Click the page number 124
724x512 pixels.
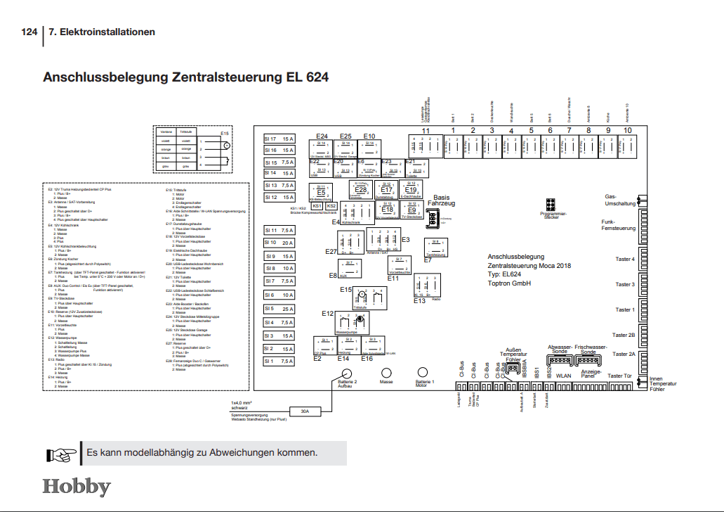coord(29,32)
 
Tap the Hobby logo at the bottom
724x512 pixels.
coord(77,486)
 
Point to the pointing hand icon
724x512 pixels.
coord(61,454)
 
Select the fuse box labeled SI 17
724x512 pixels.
coord(279,139)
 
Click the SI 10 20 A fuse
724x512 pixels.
coord(279,243)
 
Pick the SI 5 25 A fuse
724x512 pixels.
coord(279,309)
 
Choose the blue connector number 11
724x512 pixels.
coord(426,131)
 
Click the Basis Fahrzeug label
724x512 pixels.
coord(442,200)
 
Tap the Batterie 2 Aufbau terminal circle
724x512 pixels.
coord(343,373)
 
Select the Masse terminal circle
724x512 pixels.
coord(386,373)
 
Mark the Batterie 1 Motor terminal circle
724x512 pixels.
coord(422,373)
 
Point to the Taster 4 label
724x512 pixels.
coord(624,260)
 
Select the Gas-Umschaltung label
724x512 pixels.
coord(620,200)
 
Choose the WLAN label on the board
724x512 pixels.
coord(564,376)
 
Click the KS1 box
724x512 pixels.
coord(317,206)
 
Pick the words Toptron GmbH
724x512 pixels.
coord(509,283)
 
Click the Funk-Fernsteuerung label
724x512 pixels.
coord(619,225)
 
